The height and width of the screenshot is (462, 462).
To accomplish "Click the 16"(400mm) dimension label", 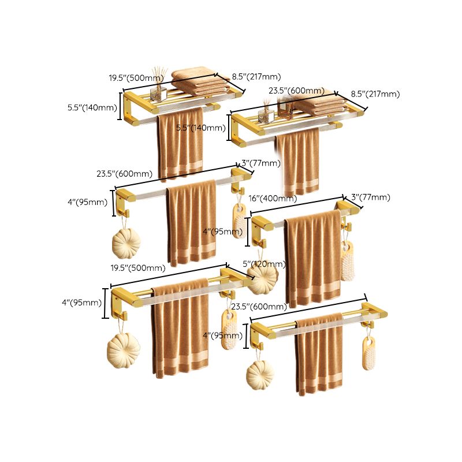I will click(x=273, y=198).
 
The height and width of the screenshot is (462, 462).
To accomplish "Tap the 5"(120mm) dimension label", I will click(x=264, y=264).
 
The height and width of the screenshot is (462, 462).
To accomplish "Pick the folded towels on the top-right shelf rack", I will click(x=321, y=105).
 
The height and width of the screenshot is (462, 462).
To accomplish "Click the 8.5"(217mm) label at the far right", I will click(x=375, y=94).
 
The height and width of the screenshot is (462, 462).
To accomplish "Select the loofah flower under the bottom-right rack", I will click(x=260, y=375).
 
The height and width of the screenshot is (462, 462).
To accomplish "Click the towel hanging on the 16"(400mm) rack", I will click(x=314, y=257).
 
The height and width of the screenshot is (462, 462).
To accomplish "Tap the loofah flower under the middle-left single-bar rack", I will click(x=126, y=243).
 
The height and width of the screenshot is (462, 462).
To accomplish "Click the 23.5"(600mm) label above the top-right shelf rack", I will click(x=296, y=91).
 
